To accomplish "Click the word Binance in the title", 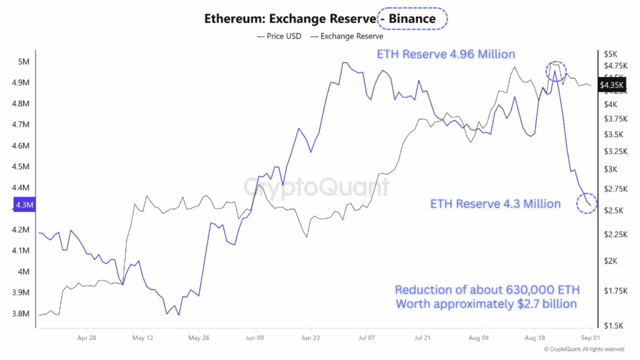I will pos(412,19).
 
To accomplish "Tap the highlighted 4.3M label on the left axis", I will pos(24,205).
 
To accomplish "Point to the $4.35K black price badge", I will pos(610,84).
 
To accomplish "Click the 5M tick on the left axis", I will pos(24,61).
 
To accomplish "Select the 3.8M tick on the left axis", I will pos(21,314).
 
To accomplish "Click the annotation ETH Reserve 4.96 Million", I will pos(446,54).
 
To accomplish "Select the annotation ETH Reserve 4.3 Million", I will pos(495,204).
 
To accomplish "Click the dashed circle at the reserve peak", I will pos(556,70).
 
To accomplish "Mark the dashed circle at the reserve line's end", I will pos(587,203).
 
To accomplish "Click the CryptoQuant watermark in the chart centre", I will pos(316,186).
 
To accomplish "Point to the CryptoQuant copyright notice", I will pos(584,349).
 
